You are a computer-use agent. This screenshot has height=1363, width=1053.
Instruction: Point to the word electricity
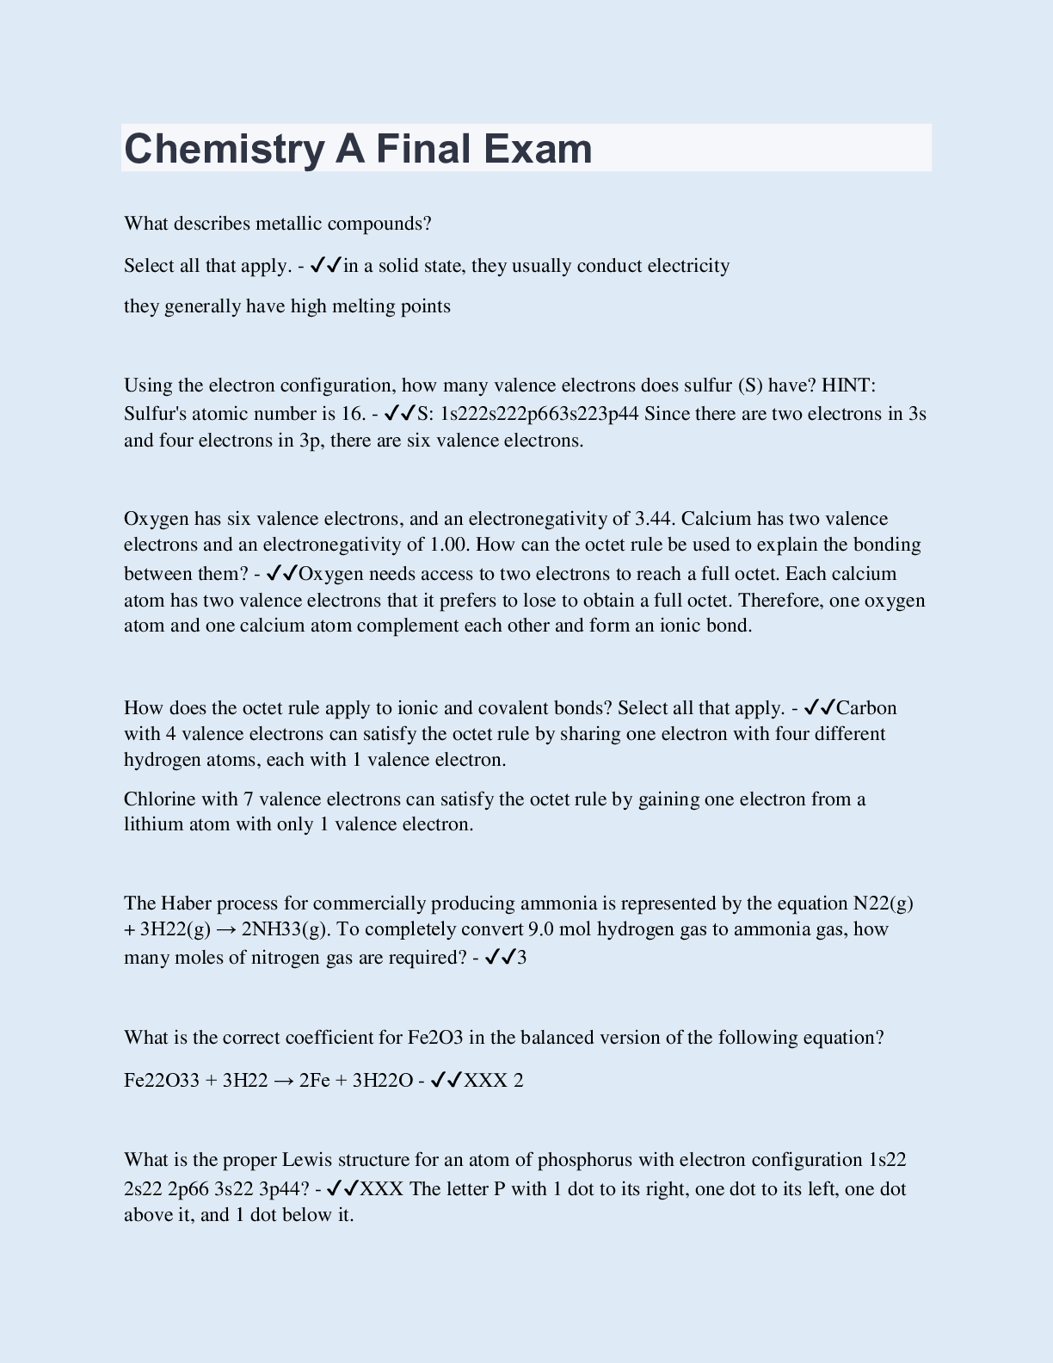pos(688,266)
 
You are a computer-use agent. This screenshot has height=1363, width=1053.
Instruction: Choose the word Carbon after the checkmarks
pos(866,708)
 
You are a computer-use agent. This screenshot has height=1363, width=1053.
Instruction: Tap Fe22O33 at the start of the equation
pos(162,1081)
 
